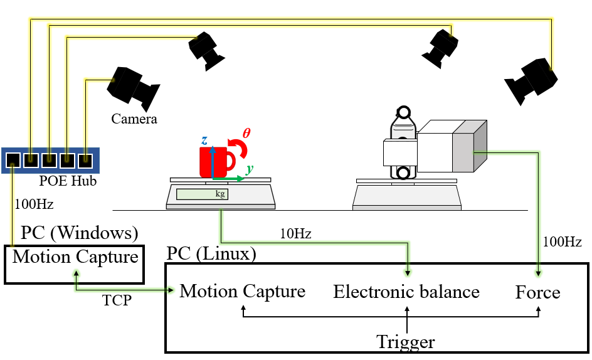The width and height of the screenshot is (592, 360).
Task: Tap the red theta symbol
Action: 246,133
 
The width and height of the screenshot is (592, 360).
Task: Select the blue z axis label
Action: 204,141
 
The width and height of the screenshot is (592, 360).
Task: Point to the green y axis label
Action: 250,169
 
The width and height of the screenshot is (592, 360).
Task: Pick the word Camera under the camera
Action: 134,119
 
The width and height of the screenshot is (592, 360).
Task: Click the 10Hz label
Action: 295,234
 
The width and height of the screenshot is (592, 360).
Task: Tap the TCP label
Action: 117,300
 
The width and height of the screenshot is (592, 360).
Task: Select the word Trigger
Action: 406,342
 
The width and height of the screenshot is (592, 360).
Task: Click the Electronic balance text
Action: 406,292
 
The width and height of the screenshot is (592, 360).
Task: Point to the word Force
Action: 537,292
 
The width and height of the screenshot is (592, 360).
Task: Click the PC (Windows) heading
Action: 80,233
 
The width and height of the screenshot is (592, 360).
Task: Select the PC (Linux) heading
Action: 211,254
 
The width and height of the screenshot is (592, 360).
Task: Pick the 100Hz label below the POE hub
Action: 34,204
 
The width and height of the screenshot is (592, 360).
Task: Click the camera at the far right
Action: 531,80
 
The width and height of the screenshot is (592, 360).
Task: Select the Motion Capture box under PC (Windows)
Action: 75,264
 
